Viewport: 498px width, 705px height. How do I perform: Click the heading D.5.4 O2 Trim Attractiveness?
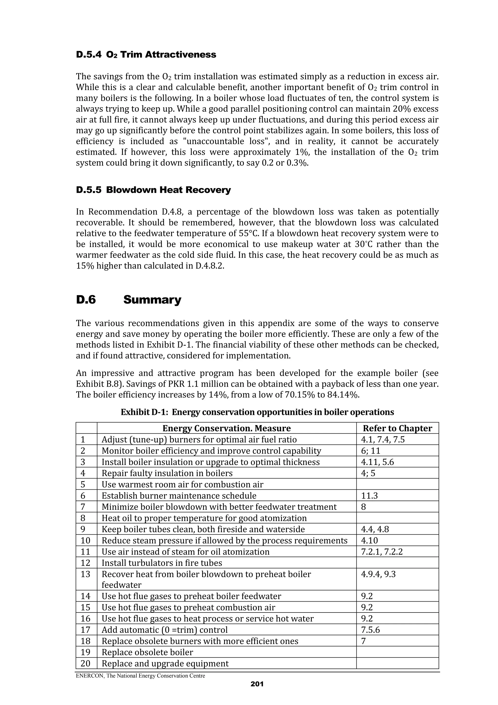[x=146, y=55]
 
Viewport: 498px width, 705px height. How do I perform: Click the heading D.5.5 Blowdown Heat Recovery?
[x=153, y=190]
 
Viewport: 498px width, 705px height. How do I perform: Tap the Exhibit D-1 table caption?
[x=257, y=412]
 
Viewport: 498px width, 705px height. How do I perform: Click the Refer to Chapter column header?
[x=397, y=428]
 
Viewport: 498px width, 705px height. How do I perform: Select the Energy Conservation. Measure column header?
[x=226, y=428]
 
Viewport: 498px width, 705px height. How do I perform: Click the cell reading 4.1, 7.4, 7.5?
[x=383, y=439]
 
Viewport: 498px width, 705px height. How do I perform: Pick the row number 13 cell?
[x=86, y=574]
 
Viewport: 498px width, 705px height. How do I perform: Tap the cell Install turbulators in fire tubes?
[x=162, y=563]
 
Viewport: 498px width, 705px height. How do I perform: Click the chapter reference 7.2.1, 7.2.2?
[x=381, y=552]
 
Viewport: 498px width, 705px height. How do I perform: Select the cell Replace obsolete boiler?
[x=147, y=652]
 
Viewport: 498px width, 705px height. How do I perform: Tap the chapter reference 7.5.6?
[x=370, y=630]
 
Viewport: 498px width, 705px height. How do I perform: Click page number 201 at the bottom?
[x=257, y=684]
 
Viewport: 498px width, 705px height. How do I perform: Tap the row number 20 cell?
[x=86, y=664]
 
